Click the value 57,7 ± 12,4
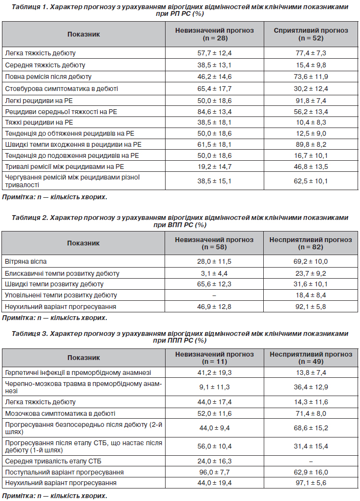(214, 53)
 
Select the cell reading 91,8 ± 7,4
(311, 101)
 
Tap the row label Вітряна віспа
(26, 261)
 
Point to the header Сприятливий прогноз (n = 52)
(311, 34)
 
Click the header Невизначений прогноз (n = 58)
(214, 243)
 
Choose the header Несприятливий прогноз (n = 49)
(311, 358)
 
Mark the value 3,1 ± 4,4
(214, 273)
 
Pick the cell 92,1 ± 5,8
(311, 307)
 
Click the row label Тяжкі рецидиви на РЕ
(39, 122)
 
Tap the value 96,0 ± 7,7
(214, 472)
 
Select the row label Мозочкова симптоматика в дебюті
(60, 413)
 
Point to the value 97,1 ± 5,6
(311, 483)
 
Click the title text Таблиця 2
(30, 218)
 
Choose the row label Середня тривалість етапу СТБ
(53, 461)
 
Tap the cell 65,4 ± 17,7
(214, 89)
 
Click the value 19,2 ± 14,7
(214, 167)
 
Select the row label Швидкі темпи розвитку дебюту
(54, 284)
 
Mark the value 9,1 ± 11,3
(214, 387)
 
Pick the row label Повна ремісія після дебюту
(48, 77)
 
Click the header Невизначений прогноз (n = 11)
(214, 358)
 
